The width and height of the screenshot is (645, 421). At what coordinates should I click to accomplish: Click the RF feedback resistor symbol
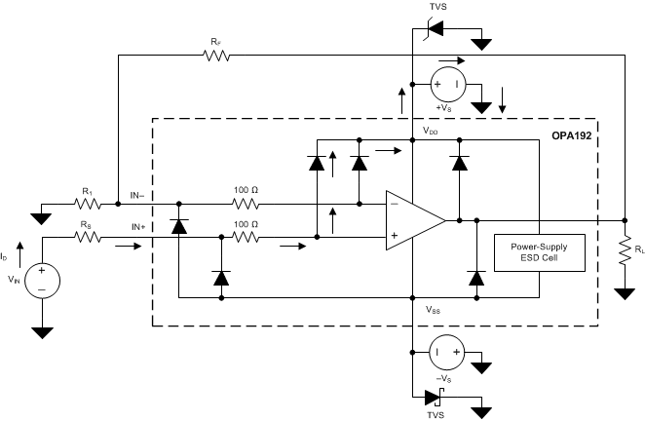point(215,57)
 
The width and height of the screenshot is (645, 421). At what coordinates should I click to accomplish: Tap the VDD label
point(430,130)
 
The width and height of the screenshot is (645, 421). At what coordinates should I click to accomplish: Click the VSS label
point(433,309)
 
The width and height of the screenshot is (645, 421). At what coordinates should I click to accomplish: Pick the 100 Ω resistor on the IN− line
point(246,204)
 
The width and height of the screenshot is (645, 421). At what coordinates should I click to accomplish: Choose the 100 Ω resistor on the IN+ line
point(246,236)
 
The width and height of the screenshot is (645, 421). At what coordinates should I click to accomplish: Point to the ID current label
point(7,257)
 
